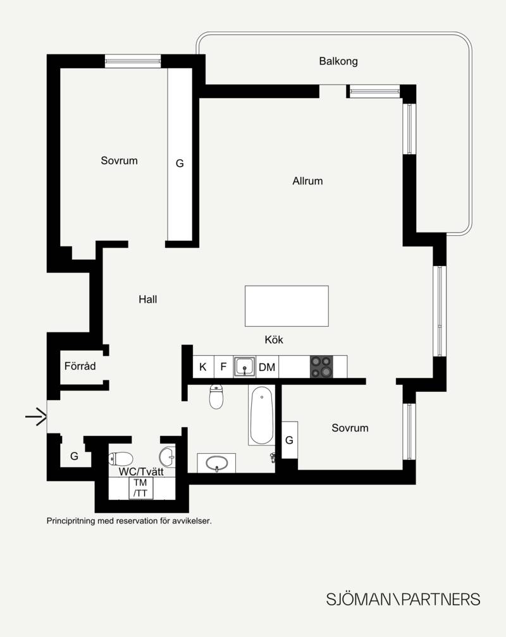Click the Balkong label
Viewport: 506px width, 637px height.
pyautogui.click(x=338, y=61)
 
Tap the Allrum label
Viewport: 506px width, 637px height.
pyautogui.click(x=307, y=181)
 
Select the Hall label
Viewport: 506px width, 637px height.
pyautogui.click(x=147, y=300)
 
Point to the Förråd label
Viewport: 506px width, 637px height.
pyautogui.click(x=80, y=366)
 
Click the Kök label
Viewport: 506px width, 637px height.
pyautogui.click(x=274, y=339)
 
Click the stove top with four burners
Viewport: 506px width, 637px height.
pyautogui.click(x=321, y=367)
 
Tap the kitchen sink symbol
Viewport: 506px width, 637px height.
pyautogui.click(x=244, y=367)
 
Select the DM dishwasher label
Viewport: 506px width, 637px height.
pyautogui.click(x=267, y=367)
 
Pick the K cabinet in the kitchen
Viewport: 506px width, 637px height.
pyautogui.click(x=203, y=367)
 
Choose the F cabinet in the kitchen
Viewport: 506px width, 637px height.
pyautogui.click(x=223, y=367)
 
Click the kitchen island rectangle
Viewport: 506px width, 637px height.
pyautogui.click(x=287, y=306)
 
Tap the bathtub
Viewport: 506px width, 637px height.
pyautogui.click(x=262, y=415)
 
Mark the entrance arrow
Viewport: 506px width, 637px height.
pyautogui.click(x=36, y=416)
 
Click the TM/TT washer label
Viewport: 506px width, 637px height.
pyautogui.click(x=140, y=488)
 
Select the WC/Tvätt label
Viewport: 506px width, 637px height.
pyautogui.click(x=141, y=471)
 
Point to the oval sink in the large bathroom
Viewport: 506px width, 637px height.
pyautogui.click(x=216, y=463)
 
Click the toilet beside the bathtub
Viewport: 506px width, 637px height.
pyautogui.click(x=216, y=396)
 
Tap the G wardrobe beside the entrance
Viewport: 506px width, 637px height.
pyautogui.click(x=74, y=456)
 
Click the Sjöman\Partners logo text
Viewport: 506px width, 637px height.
pyautogui.click(x=403, y=600)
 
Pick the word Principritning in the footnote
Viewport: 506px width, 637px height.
pyautogui.click(x=71, y=521)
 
